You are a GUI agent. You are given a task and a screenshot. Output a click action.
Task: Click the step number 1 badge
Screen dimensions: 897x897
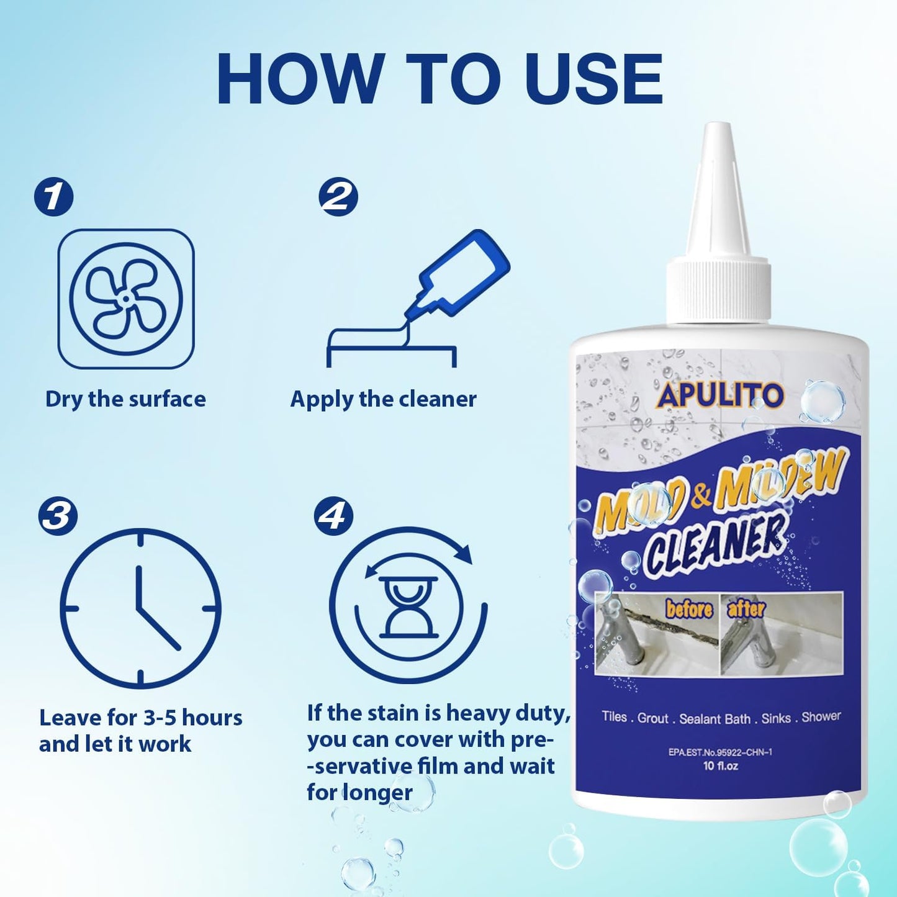tap(53, 197)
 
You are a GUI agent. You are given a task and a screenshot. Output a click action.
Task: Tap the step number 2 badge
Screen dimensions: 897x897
tap(338, 197)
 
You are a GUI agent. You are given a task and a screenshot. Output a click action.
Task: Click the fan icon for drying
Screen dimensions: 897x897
tap(126, 299)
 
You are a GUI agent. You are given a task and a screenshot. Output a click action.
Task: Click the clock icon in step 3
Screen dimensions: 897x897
tap(140, 608)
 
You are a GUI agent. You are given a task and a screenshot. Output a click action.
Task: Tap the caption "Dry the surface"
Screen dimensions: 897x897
tap(125, 399)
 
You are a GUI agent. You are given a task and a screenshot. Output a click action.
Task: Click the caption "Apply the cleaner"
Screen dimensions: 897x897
tap(384, 399)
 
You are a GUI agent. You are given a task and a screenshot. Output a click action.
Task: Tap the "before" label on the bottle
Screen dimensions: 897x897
tap(689, 609)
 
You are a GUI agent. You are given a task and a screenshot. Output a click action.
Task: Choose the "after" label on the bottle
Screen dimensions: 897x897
tap(746, 608)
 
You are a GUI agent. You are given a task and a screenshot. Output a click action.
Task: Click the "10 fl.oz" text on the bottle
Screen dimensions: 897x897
tap(720, 766)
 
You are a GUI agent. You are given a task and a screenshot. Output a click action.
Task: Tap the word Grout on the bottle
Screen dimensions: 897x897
tap(653, 718)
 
